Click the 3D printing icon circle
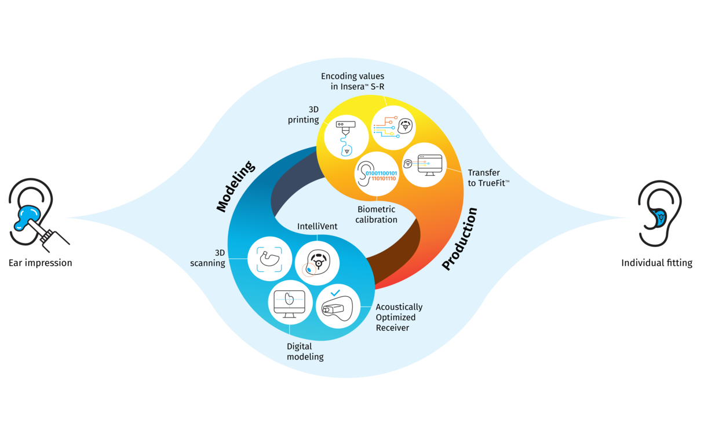(346, 138)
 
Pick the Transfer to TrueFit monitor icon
(424, 164)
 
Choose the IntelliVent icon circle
(317, 263)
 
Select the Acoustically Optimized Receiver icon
(337, 307)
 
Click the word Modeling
(236, 187)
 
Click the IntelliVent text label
(317, 226)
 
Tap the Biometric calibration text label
(377, 215)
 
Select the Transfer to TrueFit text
(488, 178)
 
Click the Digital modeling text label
(305, 352)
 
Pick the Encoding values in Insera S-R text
(353, 82)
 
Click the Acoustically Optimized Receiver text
(399, 318)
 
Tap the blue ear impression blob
(24, 216)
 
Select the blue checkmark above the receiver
(335, 293)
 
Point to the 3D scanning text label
(207, 257)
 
